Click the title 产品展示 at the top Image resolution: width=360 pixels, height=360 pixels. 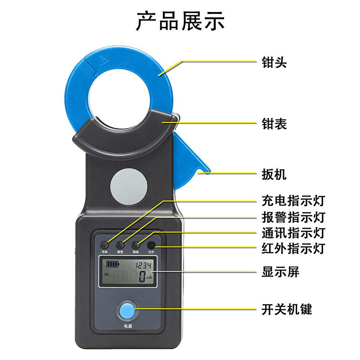pos(180,21)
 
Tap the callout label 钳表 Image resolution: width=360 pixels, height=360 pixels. pos(274,123)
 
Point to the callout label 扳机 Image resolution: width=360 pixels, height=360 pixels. pos(274,174)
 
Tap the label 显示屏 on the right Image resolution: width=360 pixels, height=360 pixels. pos(280,272)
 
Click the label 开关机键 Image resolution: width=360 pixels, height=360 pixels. pos(287,309)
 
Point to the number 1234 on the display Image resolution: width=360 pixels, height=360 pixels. pos(144,265)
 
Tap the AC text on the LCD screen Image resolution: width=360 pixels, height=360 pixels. pos(107,274)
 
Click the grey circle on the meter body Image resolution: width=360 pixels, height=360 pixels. pos(128,186)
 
